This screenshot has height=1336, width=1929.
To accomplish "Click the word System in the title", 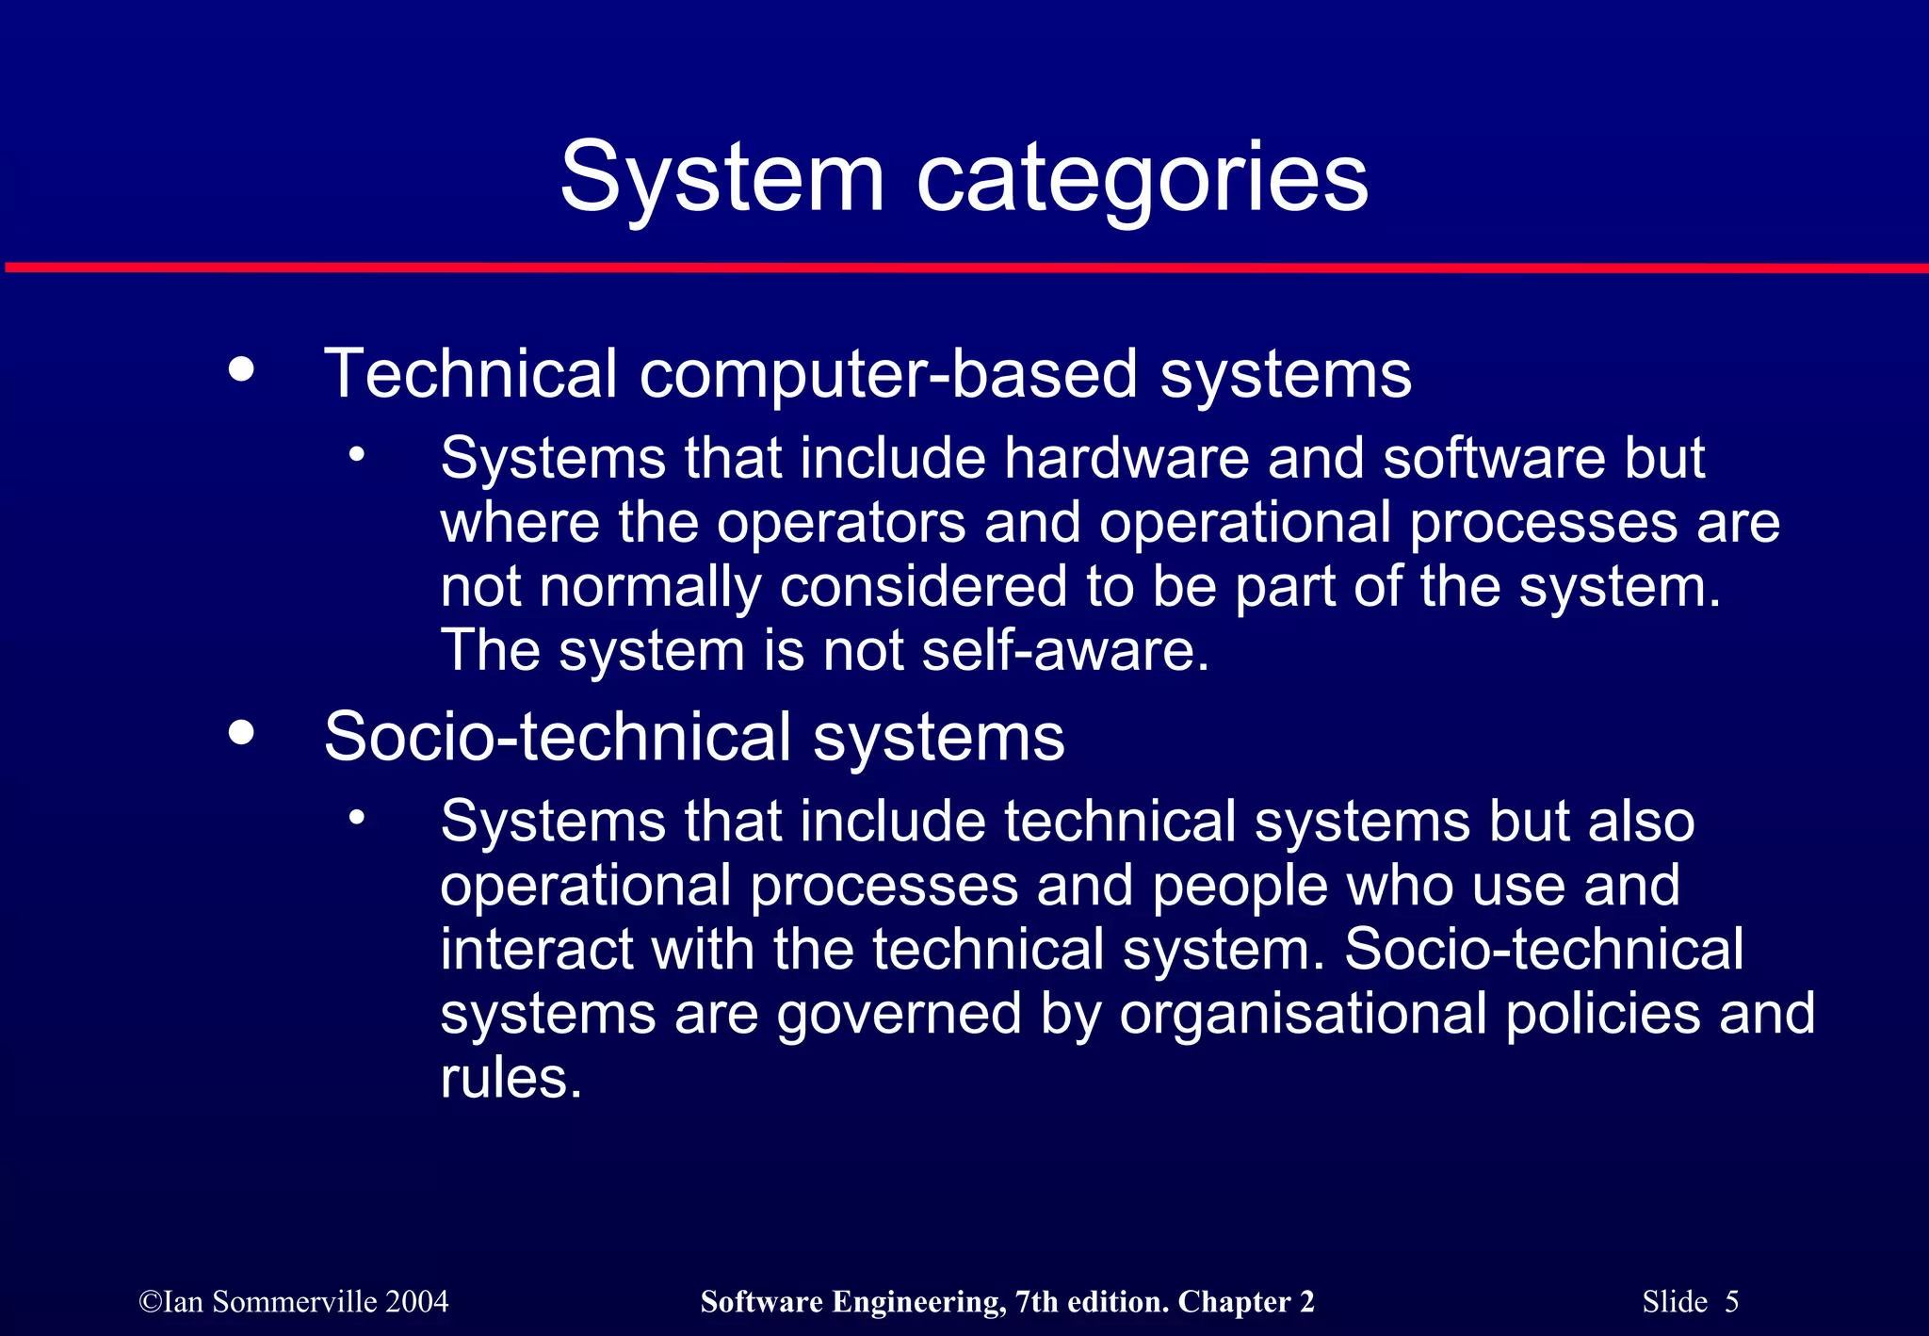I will pos(721,177).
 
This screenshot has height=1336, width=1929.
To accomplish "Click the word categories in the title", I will pos(1142,179).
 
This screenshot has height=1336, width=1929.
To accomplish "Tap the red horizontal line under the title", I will pos(964,269).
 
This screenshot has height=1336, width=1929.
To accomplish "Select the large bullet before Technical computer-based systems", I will pos(241,368).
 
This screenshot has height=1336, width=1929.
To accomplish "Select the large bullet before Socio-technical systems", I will pos(241,732).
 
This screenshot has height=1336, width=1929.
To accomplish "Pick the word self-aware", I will pos(1064,651).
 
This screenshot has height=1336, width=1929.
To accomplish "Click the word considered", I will pos(922,587).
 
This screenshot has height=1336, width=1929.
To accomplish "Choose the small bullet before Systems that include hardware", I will pos(356,454).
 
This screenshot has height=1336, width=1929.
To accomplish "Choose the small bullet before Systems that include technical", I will pos(356,817).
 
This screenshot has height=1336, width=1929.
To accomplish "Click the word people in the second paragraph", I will pos(1239,887).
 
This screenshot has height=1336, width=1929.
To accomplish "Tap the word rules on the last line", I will pos(511,1078).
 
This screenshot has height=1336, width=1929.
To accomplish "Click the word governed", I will pos(900,1014).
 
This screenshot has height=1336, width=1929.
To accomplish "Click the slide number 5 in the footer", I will pos(1731,1302).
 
